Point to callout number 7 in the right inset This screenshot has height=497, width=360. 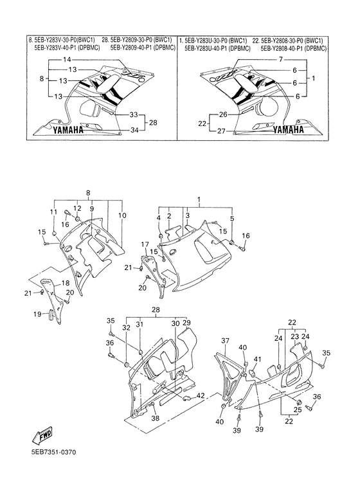pos(281,60)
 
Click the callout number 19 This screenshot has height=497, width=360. pos(38,314)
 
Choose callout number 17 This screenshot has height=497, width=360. pos(145,244)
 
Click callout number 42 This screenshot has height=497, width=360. pos(201,395)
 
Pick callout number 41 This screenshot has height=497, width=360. pos(258,359)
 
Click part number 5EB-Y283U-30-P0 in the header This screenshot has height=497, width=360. pos(210,40)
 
